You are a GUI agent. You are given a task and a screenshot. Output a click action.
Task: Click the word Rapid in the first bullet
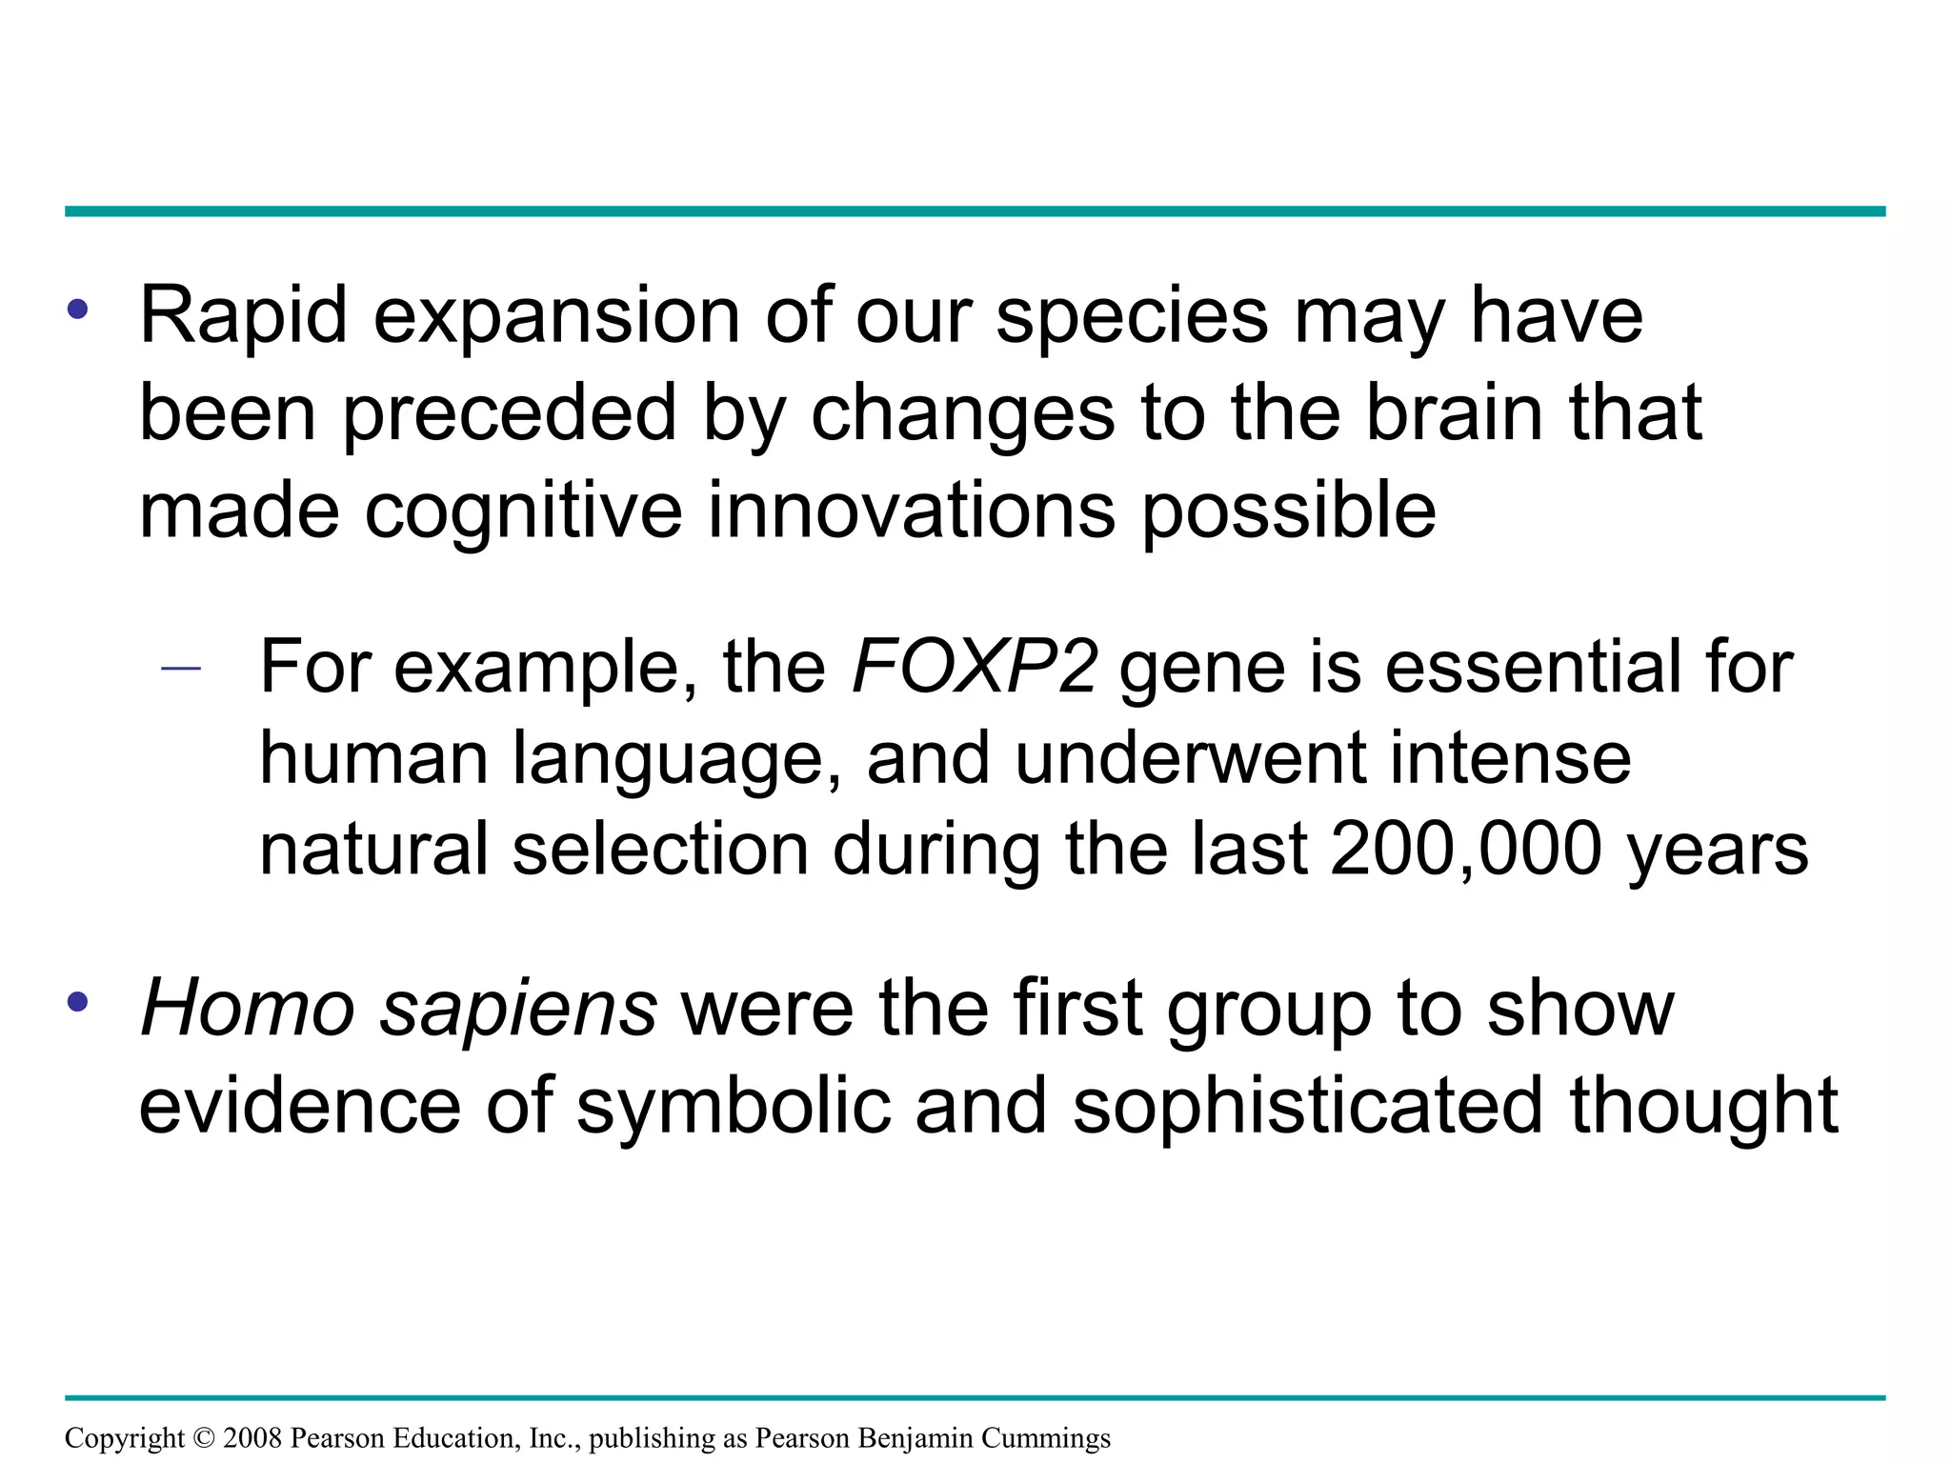243,316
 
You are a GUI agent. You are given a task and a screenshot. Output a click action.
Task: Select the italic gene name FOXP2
974,667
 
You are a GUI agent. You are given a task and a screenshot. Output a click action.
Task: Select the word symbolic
734,1109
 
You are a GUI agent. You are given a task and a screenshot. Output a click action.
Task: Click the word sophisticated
1307,1109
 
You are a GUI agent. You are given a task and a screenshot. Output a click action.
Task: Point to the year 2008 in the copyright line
252,1438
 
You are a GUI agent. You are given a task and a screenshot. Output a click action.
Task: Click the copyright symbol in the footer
204,1438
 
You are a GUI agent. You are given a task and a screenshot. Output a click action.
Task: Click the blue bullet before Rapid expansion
77,309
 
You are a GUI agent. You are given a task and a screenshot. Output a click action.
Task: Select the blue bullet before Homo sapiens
77,1002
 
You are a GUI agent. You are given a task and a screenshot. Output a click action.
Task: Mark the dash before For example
181,670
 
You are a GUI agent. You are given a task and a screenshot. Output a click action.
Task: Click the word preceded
509,415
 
